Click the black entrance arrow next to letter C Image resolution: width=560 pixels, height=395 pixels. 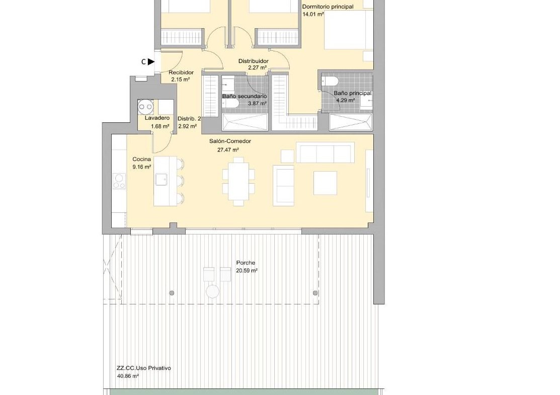click(x=151, y=62)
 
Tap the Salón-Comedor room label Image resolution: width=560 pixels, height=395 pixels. click(x=230, y=141)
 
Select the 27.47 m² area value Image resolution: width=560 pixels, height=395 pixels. click(x=228, y=150)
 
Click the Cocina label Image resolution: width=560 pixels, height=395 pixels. click(x=142, y=160)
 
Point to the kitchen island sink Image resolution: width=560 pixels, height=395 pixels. click(x=161, y=179)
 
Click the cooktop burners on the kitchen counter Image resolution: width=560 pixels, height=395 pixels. click(x=119, y=181)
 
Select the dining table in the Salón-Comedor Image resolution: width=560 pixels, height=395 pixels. click(x=238, y=182)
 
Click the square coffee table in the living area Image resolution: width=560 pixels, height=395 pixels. click(x=325, y=183)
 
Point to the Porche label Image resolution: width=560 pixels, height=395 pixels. click(x=246, y=263)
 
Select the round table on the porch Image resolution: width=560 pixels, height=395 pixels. click(x=212, y=291)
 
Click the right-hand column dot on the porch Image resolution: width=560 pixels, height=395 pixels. click(x=315, y=293)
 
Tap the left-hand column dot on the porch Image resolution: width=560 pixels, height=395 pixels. click(x=172, y=293)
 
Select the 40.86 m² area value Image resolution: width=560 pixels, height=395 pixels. click(x=127, y=376)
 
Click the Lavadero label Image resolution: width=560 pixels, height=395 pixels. click(x=157, y=118)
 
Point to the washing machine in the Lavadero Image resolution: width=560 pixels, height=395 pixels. click(x=146, y=107)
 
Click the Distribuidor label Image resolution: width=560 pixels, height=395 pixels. click(x=254, y=61)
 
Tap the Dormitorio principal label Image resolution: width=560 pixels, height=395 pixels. click(x=328, y=7)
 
